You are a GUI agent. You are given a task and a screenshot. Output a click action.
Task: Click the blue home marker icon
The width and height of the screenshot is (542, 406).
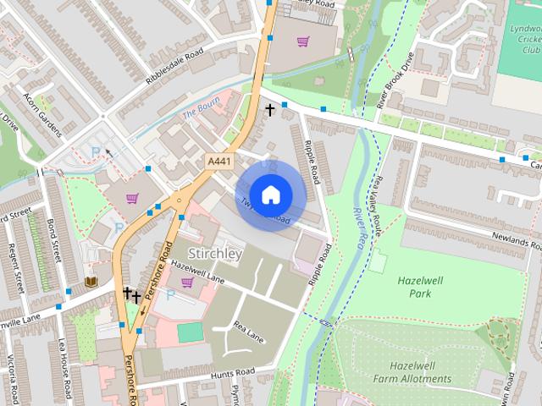270,195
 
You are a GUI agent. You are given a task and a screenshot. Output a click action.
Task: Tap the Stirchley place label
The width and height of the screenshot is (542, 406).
215,254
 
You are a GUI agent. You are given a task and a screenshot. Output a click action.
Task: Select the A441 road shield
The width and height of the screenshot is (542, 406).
218,160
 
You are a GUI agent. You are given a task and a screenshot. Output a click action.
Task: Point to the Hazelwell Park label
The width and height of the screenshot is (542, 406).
414,286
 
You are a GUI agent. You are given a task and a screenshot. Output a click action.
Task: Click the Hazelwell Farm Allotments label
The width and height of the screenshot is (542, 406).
421,372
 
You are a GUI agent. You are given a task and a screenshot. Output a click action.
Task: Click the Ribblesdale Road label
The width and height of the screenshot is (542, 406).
175,67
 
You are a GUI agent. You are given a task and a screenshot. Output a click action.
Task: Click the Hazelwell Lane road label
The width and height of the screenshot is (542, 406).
197,271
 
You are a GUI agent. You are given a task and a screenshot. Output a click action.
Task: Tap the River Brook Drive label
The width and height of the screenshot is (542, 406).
395,80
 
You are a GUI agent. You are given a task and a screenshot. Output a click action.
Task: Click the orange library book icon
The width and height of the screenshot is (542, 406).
91,281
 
